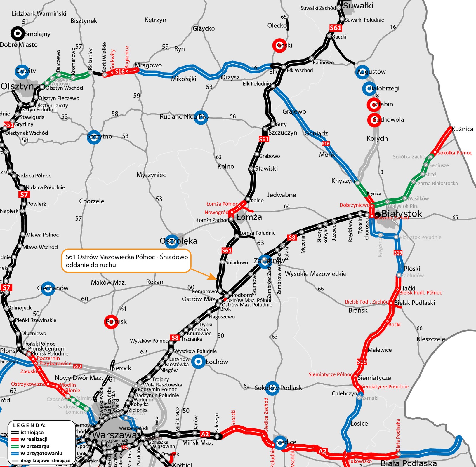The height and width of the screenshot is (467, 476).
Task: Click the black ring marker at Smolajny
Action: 18,34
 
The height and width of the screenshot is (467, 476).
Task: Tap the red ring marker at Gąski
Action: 279,45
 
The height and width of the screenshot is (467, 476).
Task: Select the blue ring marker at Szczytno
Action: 94,137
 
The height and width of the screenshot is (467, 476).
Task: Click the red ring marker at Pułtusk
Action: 111,321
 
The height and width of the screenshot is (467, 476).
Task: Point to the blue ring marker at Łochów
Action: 198,362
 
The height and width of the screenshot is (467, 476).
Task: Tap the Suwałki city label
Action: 358,6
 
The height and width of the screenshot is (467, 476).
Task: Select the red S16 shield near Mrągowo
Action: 120,72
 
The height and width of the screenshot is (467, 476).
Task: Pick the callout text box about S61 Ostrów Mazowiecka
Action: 126,261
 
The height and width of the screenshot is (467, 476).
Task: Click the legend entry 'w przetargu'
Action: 35,446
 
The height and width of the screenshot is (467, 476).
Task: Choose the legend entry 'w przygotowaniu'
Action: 41,453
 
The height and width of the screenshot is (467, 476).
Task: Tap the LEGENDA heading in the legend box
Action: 29,425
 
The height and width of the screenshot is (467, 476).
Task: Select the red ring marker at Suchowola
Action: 374,120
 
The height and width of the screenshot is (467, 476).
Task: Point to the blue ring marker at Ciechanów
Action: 48,288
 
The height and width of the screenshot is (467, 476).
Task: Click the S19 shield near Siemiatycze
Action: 362,362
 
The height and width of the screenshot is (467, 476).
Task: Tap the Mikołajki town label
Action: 183,79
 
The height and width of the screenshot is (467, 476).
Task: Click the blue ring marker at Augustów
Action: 362,72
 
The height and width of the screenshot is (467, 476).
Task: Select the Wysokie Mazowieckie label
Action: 315,274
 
